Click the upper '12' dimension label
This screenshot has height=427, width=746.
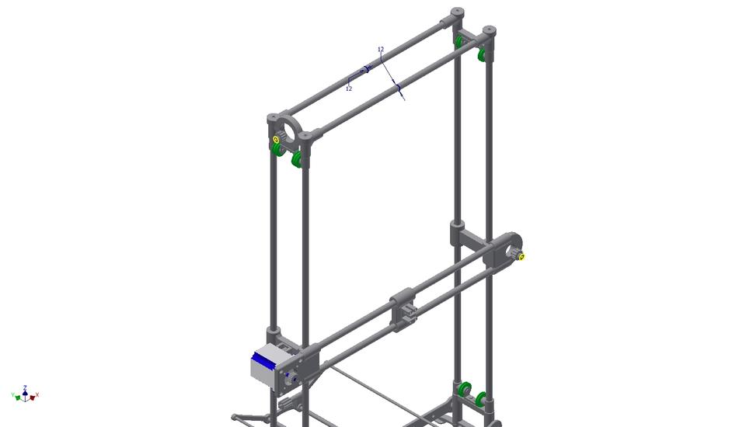381,50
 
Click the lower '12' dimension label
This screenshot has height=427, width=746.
349,89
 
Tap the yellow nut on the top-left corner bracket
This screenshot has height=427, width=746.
276,140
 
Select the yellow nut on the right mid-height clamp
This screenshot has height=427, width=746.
521,256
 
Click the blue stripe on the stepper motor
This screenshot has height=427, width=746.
266,359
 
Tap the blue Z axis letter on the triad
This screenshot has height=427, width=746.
26,387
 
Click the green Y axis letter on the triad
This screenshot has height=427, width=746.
13,395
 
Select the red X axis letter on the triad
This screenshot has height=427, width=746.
37,395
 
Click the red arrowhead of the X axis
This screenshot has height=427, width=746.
33,397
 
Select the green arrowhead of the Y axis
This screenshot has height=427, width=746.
18,397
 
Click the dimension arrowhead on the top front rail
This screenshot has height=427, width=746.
398,90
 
